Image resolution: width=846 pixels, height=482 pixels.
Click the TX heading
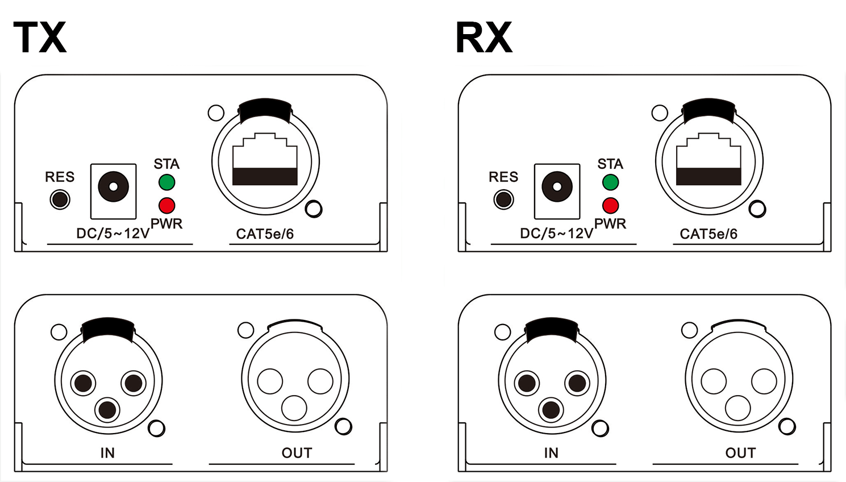click(40, 38)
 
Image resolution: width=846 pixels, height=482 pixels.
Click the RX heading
click(484, 38)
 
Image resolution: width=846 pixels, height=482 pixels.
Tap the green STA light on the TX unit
click(166, 182)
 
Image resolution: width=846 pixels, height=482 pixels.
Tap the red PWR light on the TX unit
click(166, 205)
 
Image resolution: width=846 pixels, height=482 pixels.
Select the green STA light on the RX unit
click(610, 182)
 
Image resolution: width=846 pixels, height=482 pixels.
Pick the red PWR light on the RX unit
click(610, 205)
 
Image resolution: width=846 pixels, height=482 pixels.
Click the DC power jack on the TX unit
click(113, 187)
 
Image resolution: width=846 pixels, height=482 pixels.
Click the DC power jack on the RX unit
click(557, 187)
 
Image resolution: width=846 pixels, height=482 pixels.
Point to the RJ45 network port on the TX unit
click(265, 160)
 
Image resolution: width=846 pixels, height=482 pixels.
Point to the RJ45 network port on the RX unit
click(709, 160)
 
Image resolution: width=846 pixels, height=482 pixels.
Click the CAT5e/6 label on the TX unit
click(265, 234)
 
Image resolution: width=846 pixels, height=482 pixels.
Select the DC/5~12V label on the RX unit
click(556, 233)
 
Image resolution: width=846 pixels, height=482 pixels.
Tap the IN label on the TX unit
click(107, 453)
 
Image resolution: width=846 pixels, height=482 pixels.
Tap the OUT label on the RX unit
click(740, 453)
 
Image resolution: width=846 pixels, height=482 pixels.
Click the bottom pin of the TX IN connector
click(107, 410)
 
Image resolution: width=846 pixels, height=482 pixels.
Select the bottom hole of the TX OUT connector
click(294, 408)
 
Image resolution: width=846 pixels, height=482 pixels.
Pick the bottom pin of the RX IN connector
click(551, 410)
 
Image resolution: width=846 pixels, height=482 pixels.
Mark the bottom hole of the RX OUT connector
click(738, 408)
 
